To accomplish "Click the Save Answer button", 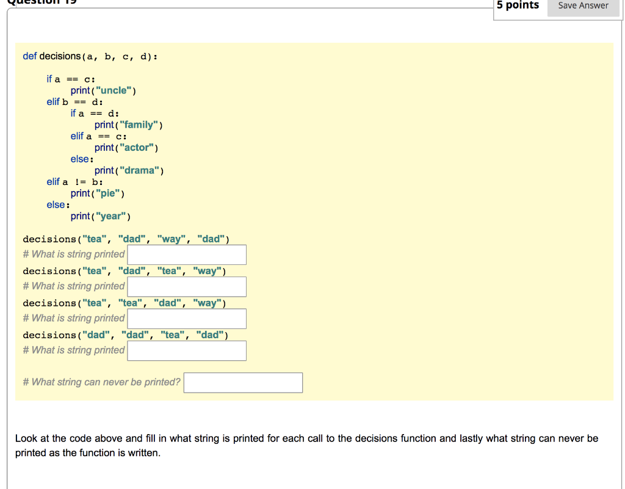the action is [583, 6].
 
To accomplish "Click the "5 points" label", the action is [518, 5].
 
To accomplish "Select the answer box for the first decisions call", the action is [187, 255].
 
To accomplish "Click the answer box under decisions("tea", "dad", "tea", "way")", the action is [187, 286].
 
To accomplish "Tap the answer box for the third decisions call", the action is [187, 319].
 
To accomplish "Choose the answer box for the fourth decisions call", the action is [187, 350].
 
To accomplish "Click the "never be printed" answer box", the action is [243, 383].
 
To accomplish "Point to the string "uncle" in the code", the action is [114, 90].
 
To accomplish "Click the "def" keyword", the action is [30, 56].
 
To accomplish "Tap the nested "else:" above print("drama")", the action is [82, 159].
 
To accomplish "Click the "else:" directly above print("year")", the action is [58, 205].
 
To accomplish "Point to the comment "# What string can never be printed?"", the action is [101, 382].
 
